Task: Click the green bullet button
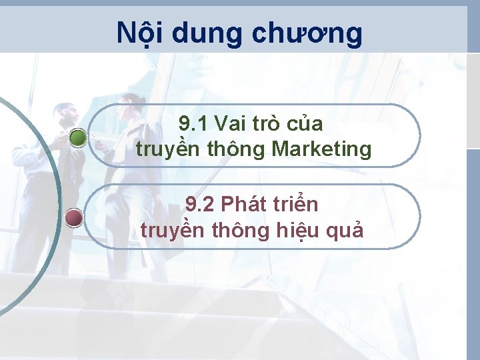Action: pos(78,138)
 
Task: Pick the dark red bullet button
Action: pos(75,218)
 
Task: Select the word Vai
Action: pos(231,125)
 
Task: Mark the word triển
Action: pos(294,204)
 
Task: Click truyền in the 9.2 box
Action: pos(173,231)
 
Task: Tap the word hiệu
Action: pos(294,231)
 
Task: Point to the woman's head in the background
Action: pos(133,104)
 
